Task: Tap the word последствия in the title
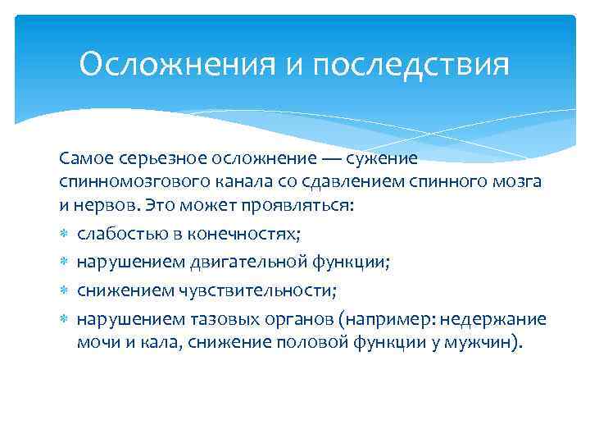410,64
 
